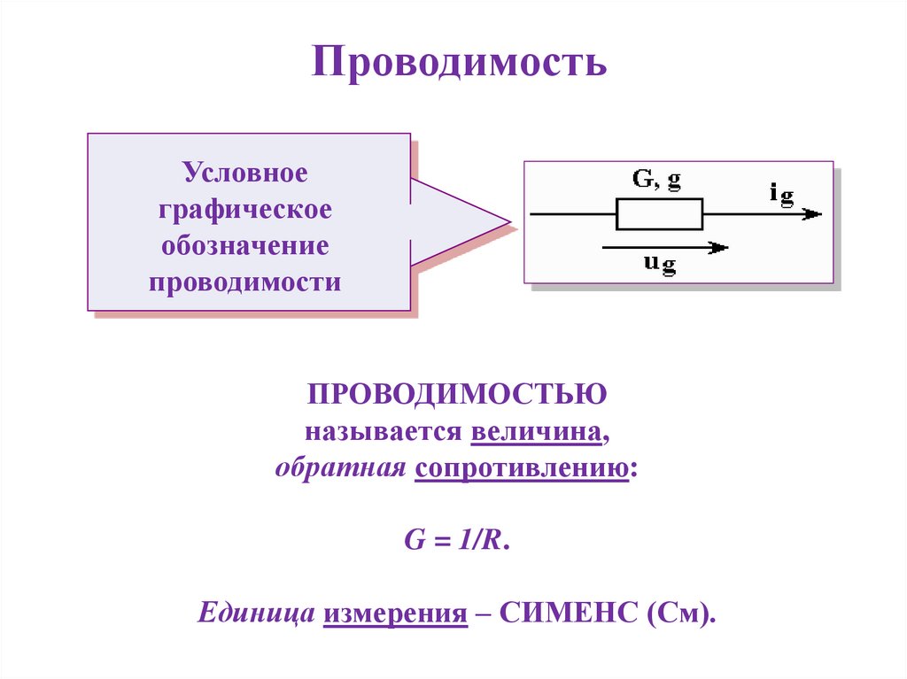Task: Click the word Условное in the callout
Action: click(245, 173)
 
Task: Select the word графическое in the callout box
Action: click(245, 210)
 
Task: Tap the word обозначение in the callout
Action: click(245, 246)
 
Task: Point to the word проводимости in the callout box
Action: click(245, 283)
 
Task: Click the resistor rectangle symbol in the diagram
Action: click(659, 214)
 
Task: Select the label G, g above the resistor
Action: click(656, 180)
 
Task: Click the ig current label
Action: click(781, 192)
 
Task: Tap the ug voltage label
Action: click(659, 265)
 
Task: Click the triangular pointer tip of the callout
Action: click(507, 221)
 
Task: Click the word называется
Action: click(384, 433)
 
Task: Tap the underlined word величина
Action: click(539, 433)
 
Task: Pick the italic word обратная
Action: click(340, 469)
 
